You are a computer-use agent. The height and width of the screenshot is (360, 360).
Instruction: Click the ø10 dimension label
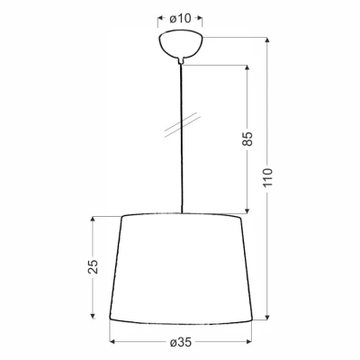point(180,19)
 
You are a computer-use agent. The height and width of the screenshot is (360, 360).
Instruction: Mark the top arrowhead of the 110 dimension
point(266,39)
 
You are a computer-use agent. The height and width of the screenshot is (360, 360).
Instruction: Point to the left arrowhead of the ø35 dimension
point(113,342)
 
